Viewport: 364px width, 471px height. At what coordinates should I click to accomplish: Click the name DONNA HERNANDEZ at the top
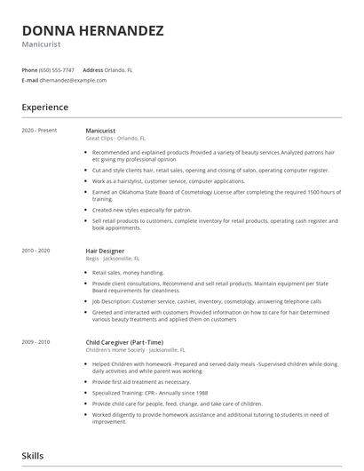click(93, 30)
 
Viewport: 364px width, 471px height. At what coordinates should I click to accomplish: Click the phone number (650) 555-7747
click(57, 69)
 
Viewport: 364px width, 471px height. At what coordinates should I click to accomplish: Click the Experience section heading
click(45, 108)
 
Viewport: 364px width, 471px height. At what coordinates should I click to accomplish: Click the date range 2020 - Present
click(39, 131)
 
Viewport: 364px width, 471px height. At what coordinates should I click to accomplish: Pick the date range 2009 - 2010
click(36, 342)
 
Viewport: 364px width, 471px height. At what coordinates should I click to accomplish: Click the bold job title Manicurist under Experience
click(100, 131)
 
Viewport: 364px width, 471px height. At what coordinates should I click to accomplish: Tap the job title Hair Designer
click(105, 251)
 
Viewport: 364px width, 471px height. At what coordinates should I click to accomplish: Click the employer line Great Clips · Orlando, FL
click(116, 139)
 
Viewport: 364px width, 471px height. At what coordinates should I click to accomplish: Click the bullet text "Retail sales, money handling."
click(129, 273)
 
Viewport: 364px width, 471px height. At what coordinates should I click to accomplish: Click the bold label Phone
click(29, 69)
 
